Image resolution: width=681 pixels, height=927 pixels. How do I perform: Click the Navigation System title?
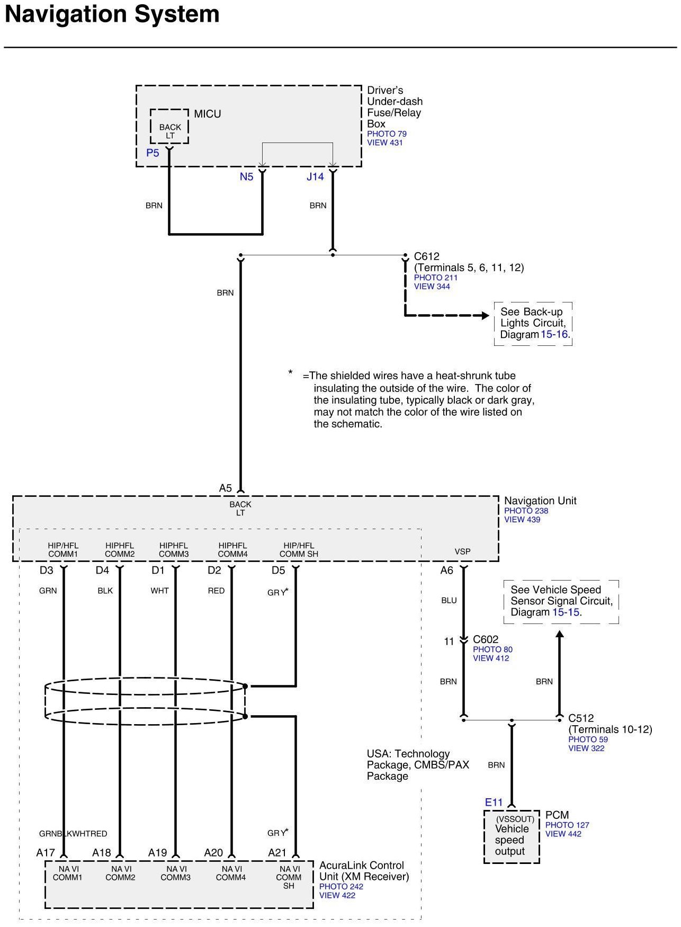(112, 14)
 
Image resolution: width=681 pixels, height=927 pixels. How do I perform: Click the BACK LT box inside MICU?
(169, 127)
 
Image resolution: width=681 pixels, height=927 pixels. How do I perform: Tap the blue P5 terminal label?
(153, 153)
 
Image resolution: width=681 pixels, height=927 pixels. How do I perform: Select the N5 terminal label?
(246, 177)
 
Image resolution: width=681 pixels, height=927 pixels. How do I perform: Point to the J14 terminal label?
(315, 177)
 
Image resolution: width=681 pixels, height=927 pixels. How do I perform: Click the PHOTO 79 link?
(387, 134)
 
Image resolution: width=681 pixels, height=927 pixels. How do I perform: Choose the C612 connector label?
(426, 256)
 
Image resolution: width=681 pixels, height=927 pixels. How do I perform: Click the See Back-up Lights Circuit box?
(533, 323)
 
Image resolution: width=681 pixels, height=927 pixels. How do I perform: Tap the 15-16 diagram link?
(554, 335)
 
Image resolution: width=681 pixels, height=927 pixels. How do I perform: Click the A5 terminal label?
(226, 488)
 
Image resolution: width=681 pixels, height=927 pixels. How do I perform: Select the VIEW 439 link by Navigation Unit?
(522, 520)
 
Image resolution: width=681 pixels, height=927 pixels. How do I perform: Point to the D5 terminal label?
(278, 571)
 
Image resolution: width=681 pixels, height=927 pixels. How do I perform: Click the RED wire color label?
(216, 591)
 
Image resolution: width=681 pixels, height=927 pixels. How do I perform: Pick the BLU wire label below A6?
(449, 601)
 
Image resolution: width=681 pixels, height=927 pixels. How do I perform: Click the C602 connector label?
(486, 639)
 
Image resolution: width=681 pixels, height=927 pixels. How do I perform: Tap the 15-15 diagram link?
(566, 612)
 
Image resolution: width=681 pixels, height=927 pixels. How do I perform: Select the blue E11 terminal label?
(494, 803)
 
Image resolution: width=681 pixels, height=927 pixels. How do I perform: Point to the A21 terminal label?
(277, 853)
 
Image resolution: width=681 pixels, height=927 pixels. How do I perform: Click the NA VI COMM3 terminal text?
(176, 873)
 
